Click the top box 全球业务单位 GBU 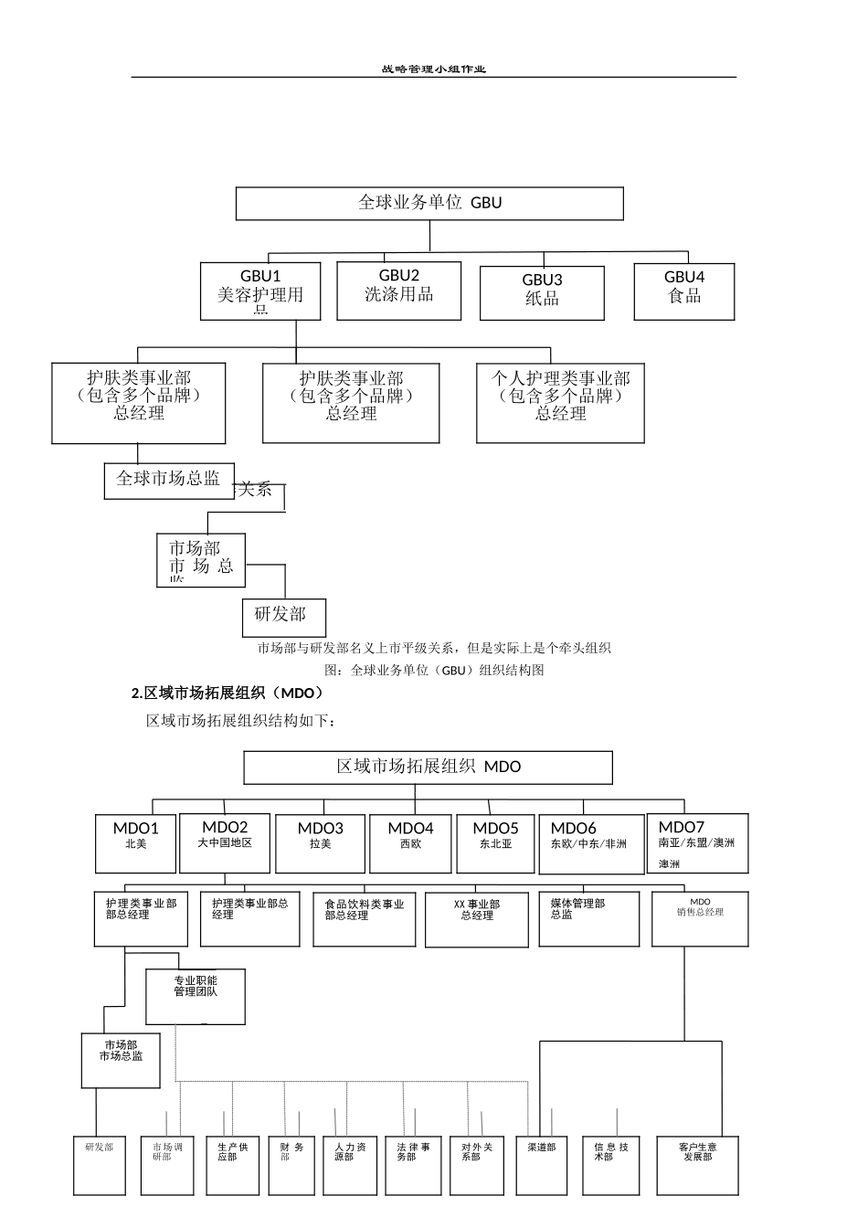pos(429,203)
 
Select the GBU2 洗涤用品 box pos(398,291)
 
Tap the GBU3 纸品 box pos(542,292)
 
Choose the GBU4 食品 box pos(684,291)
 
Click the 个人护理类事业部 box pos(560,402)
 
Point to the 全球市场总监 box pos(168,480)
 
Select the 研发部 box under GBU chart pos(283,617)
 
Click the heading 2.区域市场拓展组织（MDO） pos(228,693)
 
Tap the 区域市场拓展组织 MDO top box pos(428,767)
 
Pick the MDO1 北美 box pos(136,842)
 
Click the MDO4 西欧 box pos(410,842)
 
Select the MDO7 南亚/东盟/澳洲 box pos(697,842)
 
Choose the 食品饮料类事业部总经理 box pos(364,918)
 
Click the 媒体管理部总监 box pos(588,918)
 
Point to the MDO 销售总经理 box pos(700,918)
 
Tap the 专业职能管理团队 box pos(196,995)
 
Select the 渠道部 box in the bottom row pos(542,1165)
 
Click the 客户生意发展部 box pos(697,1165)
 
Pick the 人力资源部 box pos(350,1165)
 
